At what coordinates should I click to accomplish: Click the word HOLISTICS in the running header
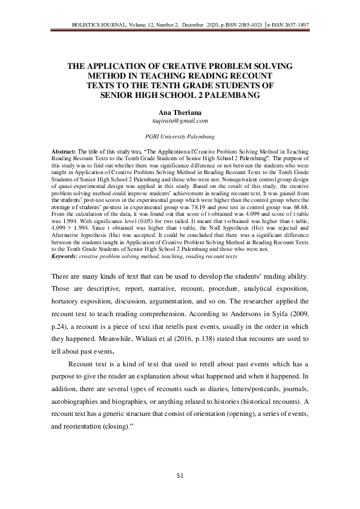click(87, 25)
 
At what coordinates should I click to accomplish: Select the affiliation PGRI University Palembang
click(180, 137)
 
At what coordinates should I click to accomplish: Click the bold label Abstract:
click(65, 149)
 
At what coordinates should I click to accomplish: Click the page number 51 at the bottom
click(180, 476)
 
